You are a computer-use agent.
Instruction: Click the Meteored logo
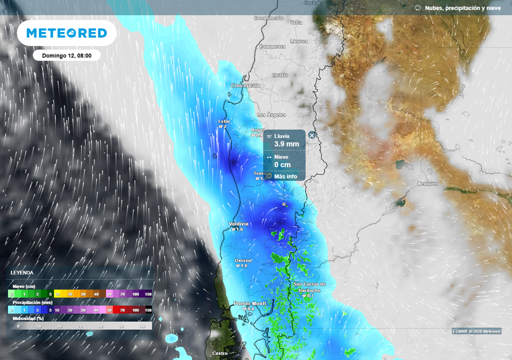tap(66, 33)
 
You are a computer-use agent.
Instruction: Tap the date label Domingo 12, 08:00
tap(66, 55)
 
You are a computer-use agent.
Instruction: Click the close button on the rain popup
tap(312, 135)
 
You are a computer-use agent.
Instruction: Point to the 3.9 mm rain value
tap(286, 144)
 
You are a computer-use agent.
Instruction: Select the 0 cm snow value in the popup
tap(282, 165)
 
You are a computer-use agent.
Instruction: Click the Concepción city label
tap(245, 85)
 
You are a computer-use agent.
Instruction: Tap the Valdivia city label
tap(238, 223)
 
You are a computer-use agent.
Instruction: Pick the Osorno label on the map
tap(243, 260)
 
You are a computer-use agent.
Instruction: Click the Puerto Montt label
tap(250, 303)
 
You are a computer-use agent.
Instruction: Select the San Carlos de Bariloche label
tap(309, 287)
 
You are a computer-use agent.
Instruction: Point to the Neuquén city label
tap(427, 183)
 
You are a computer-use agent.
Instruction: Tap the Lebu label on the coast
tap(223, 121)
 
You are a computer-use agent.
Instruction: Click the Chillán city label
tap(280, 75)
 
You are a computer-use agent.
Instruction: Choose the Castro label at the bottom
tap(219, 353)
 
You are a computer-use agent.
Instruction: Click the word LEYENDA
tap(22, 272)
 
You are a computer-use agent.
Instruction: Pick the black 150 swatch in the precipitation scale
tap(148, 310)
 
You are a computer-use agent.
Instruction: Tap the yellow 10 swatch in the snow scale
tap(57, 294)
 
